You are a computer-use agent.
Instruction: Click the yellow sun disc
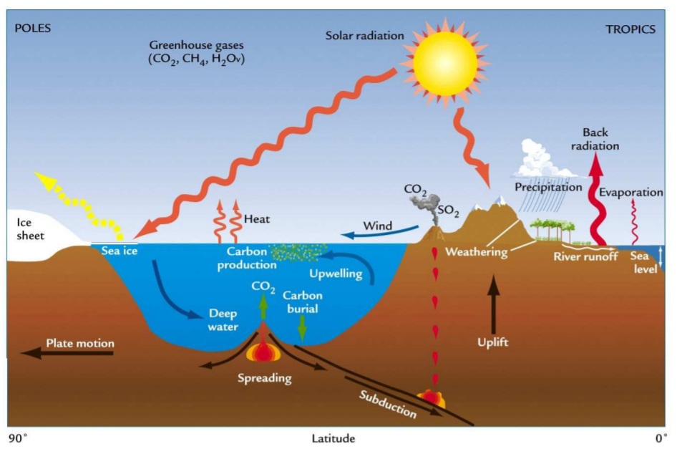pos(445,64)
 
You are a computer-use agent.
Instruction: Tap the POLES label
pos(33,29)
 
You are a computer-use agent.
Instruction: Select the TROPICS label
pos(630,29)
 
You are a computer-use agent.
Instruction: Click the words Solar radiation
pos(365,35)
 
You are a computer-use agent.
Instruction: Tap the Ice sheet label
pos(30,229)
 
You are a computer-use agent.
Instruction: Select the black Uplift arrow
pos(493,304)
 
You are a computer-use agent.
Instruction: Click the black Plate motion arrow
pos(67,353)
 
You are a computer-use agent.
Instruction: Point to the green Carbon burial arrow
pos(302,329)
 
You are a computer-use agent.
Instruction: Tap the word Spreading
pos(265,378)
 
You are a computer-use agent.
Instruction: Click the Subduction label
pos(388,404)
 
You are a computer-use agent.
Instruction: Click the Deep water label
pos(223,320)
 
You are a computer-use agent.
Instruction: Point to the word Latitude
pos(333,439)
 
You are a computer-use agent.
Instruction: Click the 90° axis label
pos(18,438)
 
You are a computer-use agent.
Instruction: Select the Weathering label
pos(476,251)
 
